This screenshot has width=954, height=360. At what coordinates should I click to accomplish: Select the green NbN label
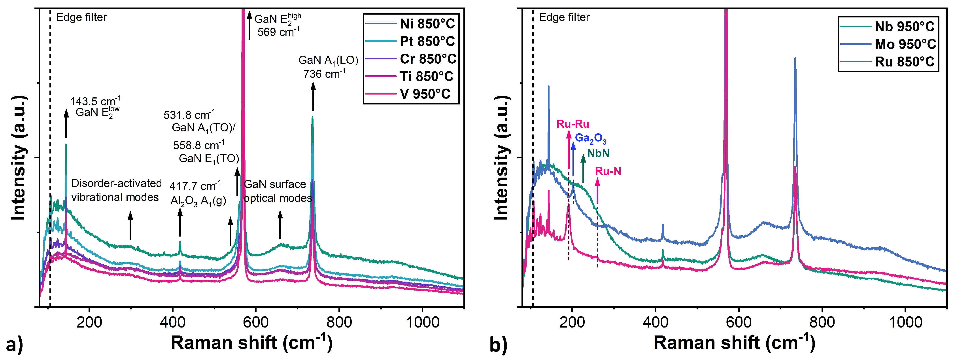(x=598, y=153)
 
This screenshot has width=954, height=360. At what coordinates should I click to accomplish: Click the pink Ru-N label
(x=608, y=171)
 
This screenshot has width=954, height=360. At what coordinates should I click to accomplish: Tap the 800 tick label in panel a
(x=339, y=322)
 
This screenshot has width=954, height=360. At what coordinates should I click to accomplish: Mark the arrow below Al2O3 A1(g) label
(x=180, y=222)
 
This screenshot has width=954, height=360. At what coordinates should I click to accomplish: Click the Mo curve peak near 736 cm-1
(x=795, y=59)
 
